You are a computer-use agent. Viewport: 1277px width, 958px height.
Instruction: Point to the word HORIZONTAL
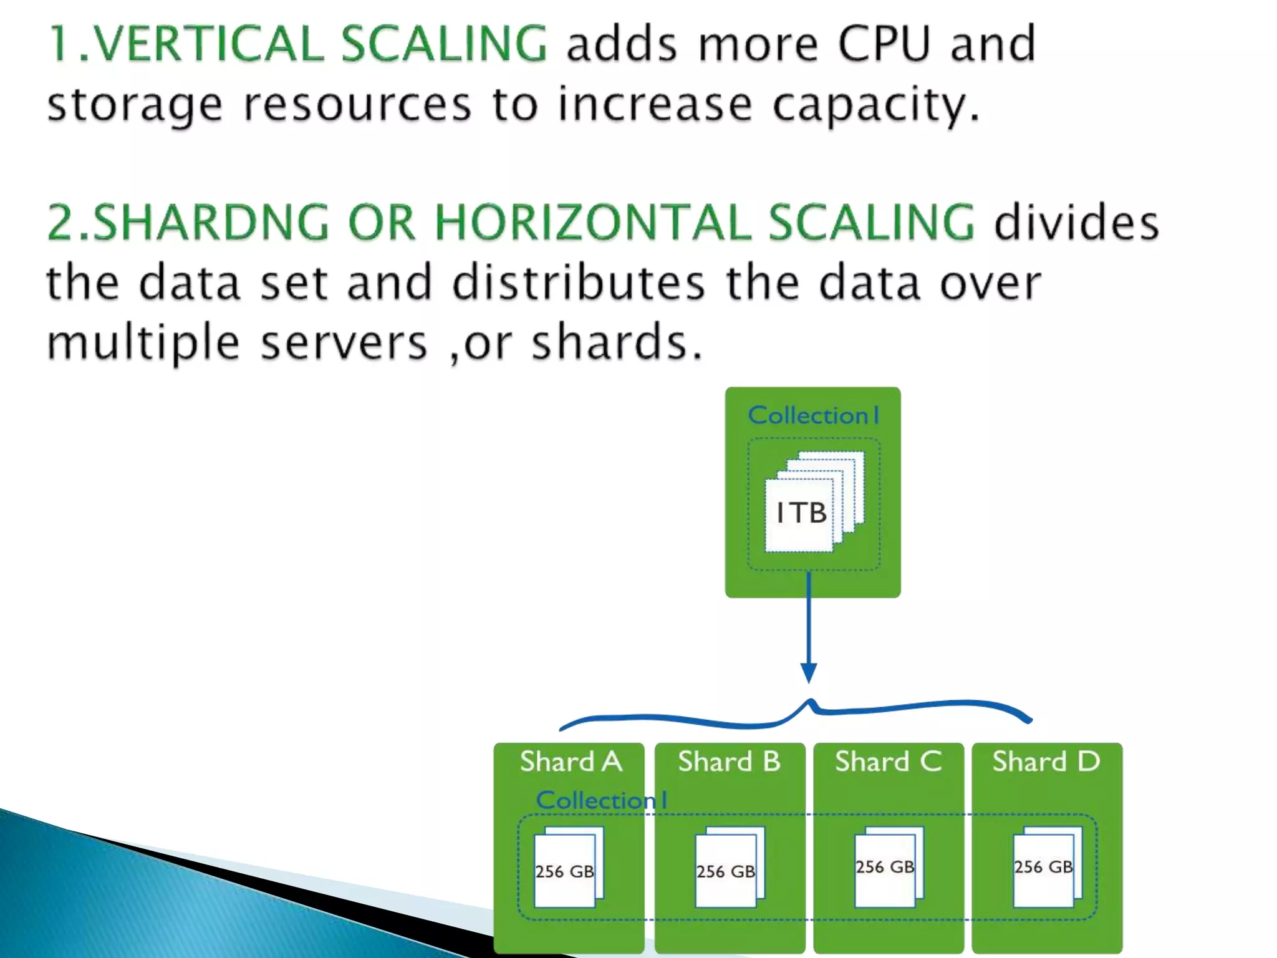pos(593,222)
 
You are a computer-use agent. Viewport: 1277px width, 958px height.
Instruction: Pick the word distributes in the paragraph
pos(578,283)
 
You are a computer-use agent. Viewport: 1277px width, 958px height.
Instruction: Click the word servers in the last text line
pos(344,343)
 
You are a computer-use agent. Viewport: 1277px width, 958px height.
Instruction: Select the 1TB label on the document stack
pos(801,513)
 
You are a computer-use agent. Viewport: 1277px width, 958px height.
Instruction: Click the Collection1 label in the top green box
pos(814,415)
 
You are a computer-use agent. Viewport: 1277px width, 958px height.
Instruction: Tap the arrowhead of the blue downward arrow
pos(809,673)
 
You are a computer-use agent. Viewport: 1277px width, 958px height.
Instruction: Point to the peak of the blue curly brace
pos(811,703)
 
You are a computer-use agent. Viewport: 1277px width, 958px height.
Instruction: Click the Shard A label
pos(571,762)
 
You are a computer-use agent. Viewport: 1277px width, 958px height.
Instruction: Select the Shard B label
pos(729,762)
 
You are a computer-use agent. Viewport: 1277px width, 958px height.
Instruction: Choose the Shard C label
pos(888,762)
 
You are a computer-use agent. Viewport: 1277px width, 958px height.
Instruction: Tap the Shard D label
pos(1046,762)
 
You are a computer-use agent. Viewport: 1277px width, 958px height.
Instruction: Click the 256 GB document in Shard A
pos(565,871)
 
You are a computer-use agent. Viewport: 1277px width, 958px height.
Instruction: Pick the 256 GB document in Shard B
pos(726,871)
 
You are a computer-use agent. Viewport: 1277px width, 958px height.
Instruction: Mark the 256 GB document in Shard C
pos(885,867)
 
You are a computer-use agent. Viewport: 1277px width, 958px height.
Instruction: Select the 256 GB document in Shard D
pos(1044,867)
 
